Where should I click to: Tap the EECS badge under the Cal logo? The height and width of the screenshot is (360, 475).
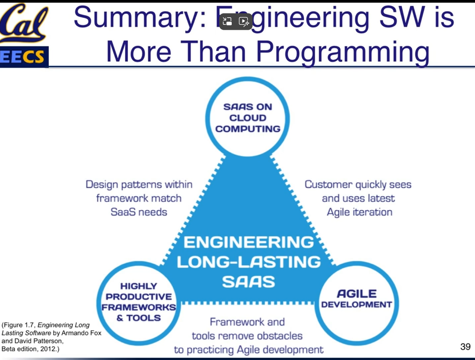tap(24, 57)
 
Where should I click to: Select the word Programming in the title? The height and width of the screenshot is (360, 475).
tap(343, 52)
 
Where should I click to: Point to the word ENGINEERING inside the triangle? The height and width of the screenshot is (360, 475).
tap(249, 242)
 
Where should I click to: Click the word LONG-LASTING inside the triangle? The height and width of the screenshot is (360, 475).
tap(249, 262)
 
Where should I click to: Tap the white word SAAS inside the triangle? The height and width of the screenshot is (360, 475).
tap(249, 282)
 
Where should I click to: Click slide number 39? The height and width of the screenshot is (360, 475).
tap(465, 347)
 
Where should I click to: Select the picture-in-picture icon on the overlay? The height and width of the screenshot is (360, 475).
tap(227, 21)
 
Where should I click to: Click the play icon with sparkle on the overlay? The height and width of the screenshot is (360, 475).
tap(244, 21)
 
